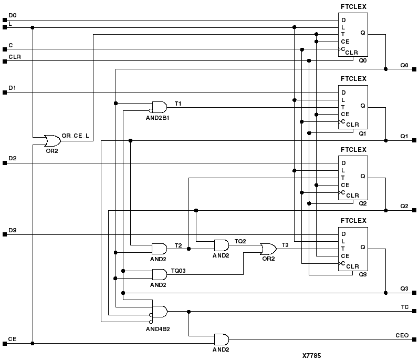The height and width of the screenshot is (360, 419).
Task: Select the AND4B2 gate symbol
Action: point(159,312)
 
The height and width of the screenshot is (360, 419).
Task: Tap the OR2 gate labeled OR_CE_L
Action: point(53,141)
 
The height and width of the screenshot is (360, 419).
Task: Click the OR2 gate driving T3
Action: point(268,249)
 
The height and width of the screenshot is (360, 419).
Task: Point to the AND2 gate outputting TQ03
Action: point(159,274)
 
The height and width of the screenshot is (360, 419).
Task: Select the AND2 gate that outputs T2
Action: point(159,249)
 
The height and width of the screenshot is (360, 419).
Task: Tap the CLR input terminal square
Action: point(5,61)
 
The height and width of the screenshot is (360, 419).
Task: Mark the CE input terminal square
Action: point(5,344)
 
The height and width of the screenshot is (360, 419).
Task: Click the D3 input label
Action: point(13,230)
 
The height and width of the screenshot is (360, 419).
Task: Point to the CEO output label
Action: point(402,335)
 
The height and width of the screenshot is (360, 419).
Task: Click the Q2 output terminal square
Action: point(415,211)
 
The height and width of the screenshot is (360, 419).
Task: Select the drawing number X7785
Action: point(311,355)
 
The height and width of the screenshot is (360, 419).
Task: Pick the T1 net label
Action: point(178,104)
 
